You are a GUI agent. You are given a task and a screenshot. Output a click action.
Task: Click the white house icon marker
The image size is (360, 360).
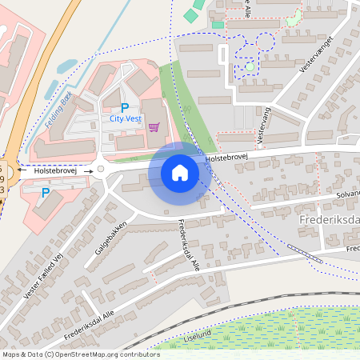[x=180, y=172]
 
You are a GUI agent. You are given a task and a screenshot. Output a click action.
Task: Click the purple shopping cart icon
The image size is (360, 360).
[x=154, y=126]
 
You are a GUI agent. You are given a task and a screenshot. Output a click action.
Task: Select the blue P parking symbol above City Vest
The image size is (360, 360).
[x=124, y=107]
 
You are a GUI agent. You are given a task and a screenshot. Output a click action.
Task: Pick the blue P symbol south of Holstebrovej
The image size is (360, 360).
[x=45, y=193]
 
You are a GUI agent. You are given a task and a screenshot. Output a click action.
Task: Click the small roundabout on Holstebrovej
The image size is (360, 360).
[x=100, y=169]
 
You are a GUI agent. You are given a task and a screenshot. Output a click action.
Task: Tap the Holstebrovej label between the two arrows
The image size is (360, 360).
[x=54, y=170]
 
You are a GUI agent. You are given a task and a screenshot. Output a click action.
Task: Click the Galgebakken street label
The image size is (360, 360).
[x=111, y=238]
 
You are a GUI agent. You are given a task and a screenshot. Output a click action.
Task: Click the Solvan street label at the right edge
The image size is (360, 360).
[x=348, y=194]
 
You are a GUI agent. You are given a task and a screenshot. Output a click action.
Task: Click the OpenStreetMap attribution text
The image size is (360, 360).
[x=80, y=354]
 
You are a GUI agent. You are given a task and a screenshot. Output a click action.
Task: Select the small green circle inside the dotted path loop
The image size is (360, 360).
[x=250, y=67]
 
